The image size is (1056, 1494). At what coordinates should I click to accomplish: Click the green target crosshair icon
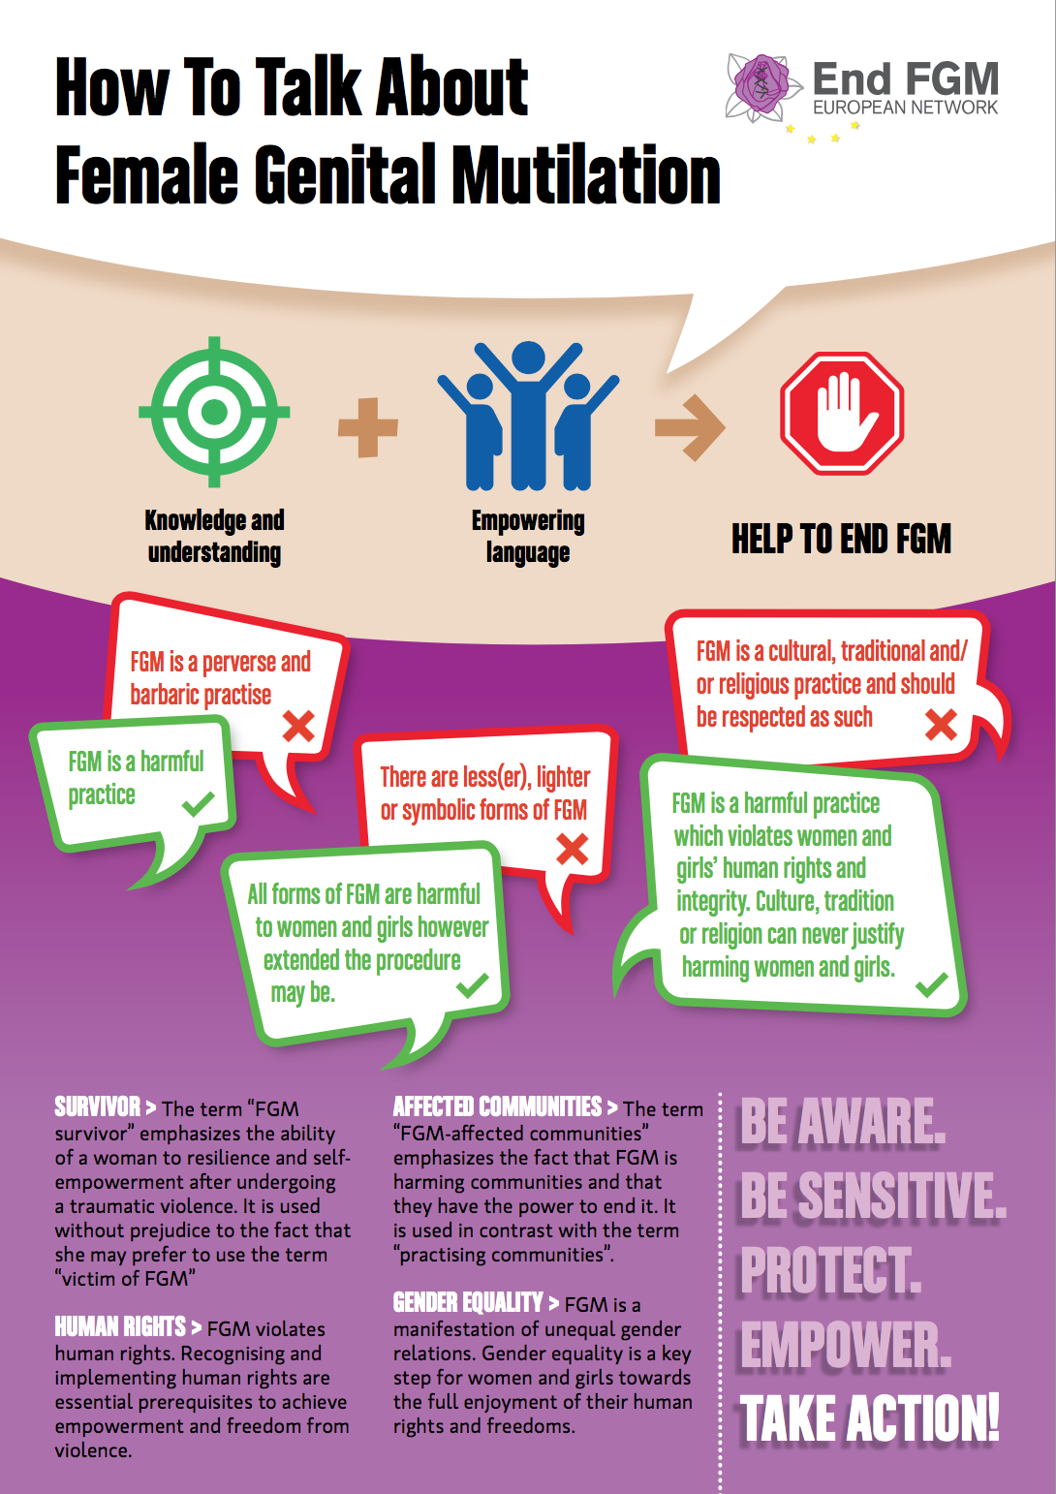tap(214, 412)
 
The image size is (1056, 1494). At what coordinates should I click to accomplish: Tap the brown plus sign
tap(368, 426)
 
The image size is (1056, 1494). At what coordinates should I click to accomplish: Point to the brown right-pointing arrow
tap(690, 426)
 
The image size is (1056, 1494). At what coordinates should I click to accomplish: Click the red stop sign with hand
tap(842, 413)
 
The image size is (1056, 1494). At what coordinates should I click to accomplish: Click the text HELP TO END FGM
tap(841, 539)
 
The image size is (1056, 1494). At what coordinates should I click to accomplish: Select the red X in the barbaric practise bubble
tap(298, 725)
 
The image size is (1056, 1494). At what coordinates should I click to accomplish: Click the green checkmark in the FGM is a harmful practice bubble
tap(199, 803)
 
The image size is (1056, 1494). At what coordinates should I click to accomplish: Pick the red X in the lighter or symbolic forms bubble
tap(572, 849)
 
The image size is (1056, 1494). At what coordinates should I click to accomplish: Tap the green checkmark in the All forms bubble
tap(473, 985)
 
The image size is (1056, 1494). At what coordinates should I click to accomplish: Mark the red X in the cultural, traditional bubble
tap(941, 724)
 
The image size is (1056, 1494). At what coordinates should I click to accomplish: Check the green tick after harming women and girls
tap(932, 985)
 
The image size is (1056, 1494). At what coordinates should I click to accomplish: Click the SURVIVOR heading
tap(98, 1106)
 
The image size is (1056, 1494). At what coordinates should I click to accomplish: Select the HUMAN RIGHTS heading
tap(120, 1326)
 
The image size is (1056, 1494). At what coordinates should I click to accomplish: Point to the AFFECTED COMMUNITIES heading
tap(497, 1106)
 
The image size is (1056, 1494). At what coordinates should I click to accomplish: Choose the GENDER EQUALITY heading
tap(468, 1302)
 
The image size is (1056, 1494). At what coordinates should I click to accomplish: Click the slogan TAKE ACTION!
tap(869, 1419)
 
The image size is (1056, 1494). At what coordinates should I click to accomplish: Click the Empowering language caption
tap(528, 536)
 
